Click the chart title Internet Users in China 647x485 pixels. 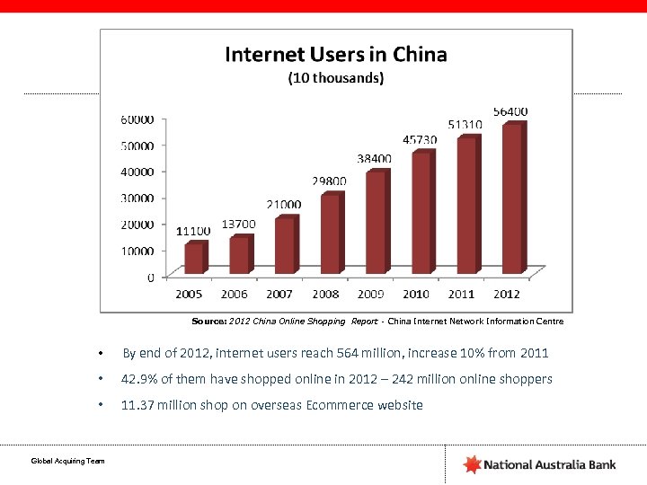tap(335, 55)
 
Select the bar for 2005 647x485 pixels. tap(195, 258)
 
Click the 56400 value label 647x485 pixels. tap(510, 111)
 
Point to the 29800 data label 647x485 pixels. tap(329, 181)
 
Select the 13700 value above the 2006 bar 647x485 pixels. tap(238, 224)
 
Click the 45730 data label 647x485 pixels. tap(420, 140)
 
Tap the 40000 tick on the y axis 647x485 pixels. tap(137, 172)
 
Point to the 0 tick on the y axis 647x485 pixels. tap(150, 277)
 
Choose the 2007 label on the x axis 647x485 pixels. tap(279, 294)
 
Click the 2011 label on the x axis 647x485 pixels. tap(461, 294)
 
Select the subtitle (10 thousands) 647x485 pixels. tap(335, 78)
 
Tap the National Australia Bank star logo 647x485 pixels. tap(472, 464)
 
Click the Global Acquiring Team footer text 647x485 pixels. tap(68, 461)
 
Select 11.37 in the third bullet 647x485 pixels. tap(137, 405)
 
